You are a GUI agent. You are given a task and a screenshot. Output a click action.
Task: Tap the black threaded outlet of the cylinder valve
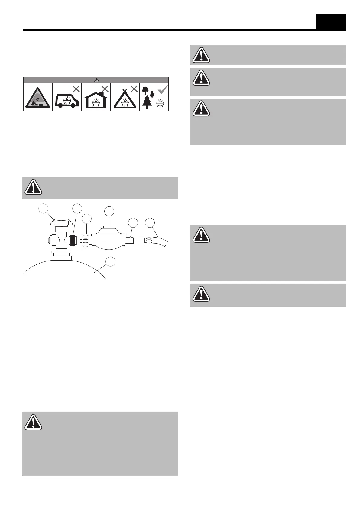click(x=73, y=241)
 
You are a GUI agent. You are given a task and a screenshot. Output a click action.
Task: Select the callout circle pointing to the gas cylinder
click(x=111, y=261)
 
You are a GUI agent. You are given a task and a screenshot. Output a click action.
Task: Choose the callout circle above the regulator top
click(x=109, y=211)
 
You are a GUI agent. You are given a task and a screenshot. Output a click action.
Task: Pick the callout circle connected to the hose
click(x=150, y=223)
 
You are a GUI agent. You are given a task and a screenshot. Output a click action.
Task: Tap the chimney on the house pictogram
click(x=101, y=90)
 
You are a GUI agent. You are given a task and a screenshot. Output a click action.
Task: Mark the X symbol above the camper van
click(x=76, y=89)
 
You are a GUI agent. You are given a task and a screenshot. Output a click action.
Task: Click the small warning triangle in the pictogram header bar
click(x=96, y=80)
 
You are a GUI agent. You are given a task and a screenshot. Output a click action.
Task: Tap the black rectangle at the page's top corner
click(x=330, y=22)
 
